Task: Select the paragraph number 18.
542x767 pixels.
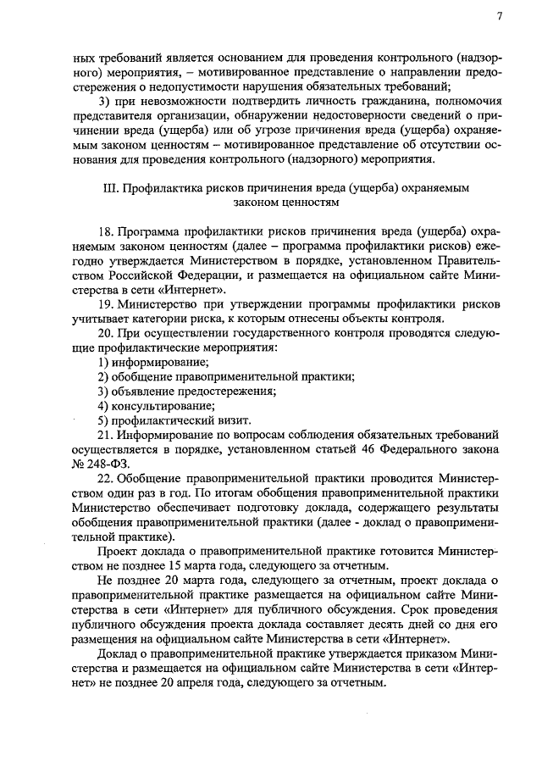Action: pyautogui.click(x=105, y=231)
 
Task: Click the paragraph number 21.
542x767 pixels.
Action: pyautogui.click(x=105, y=434)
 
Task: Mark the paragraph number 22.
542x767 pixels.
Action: pyautogui.click(x=105, y=477)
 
